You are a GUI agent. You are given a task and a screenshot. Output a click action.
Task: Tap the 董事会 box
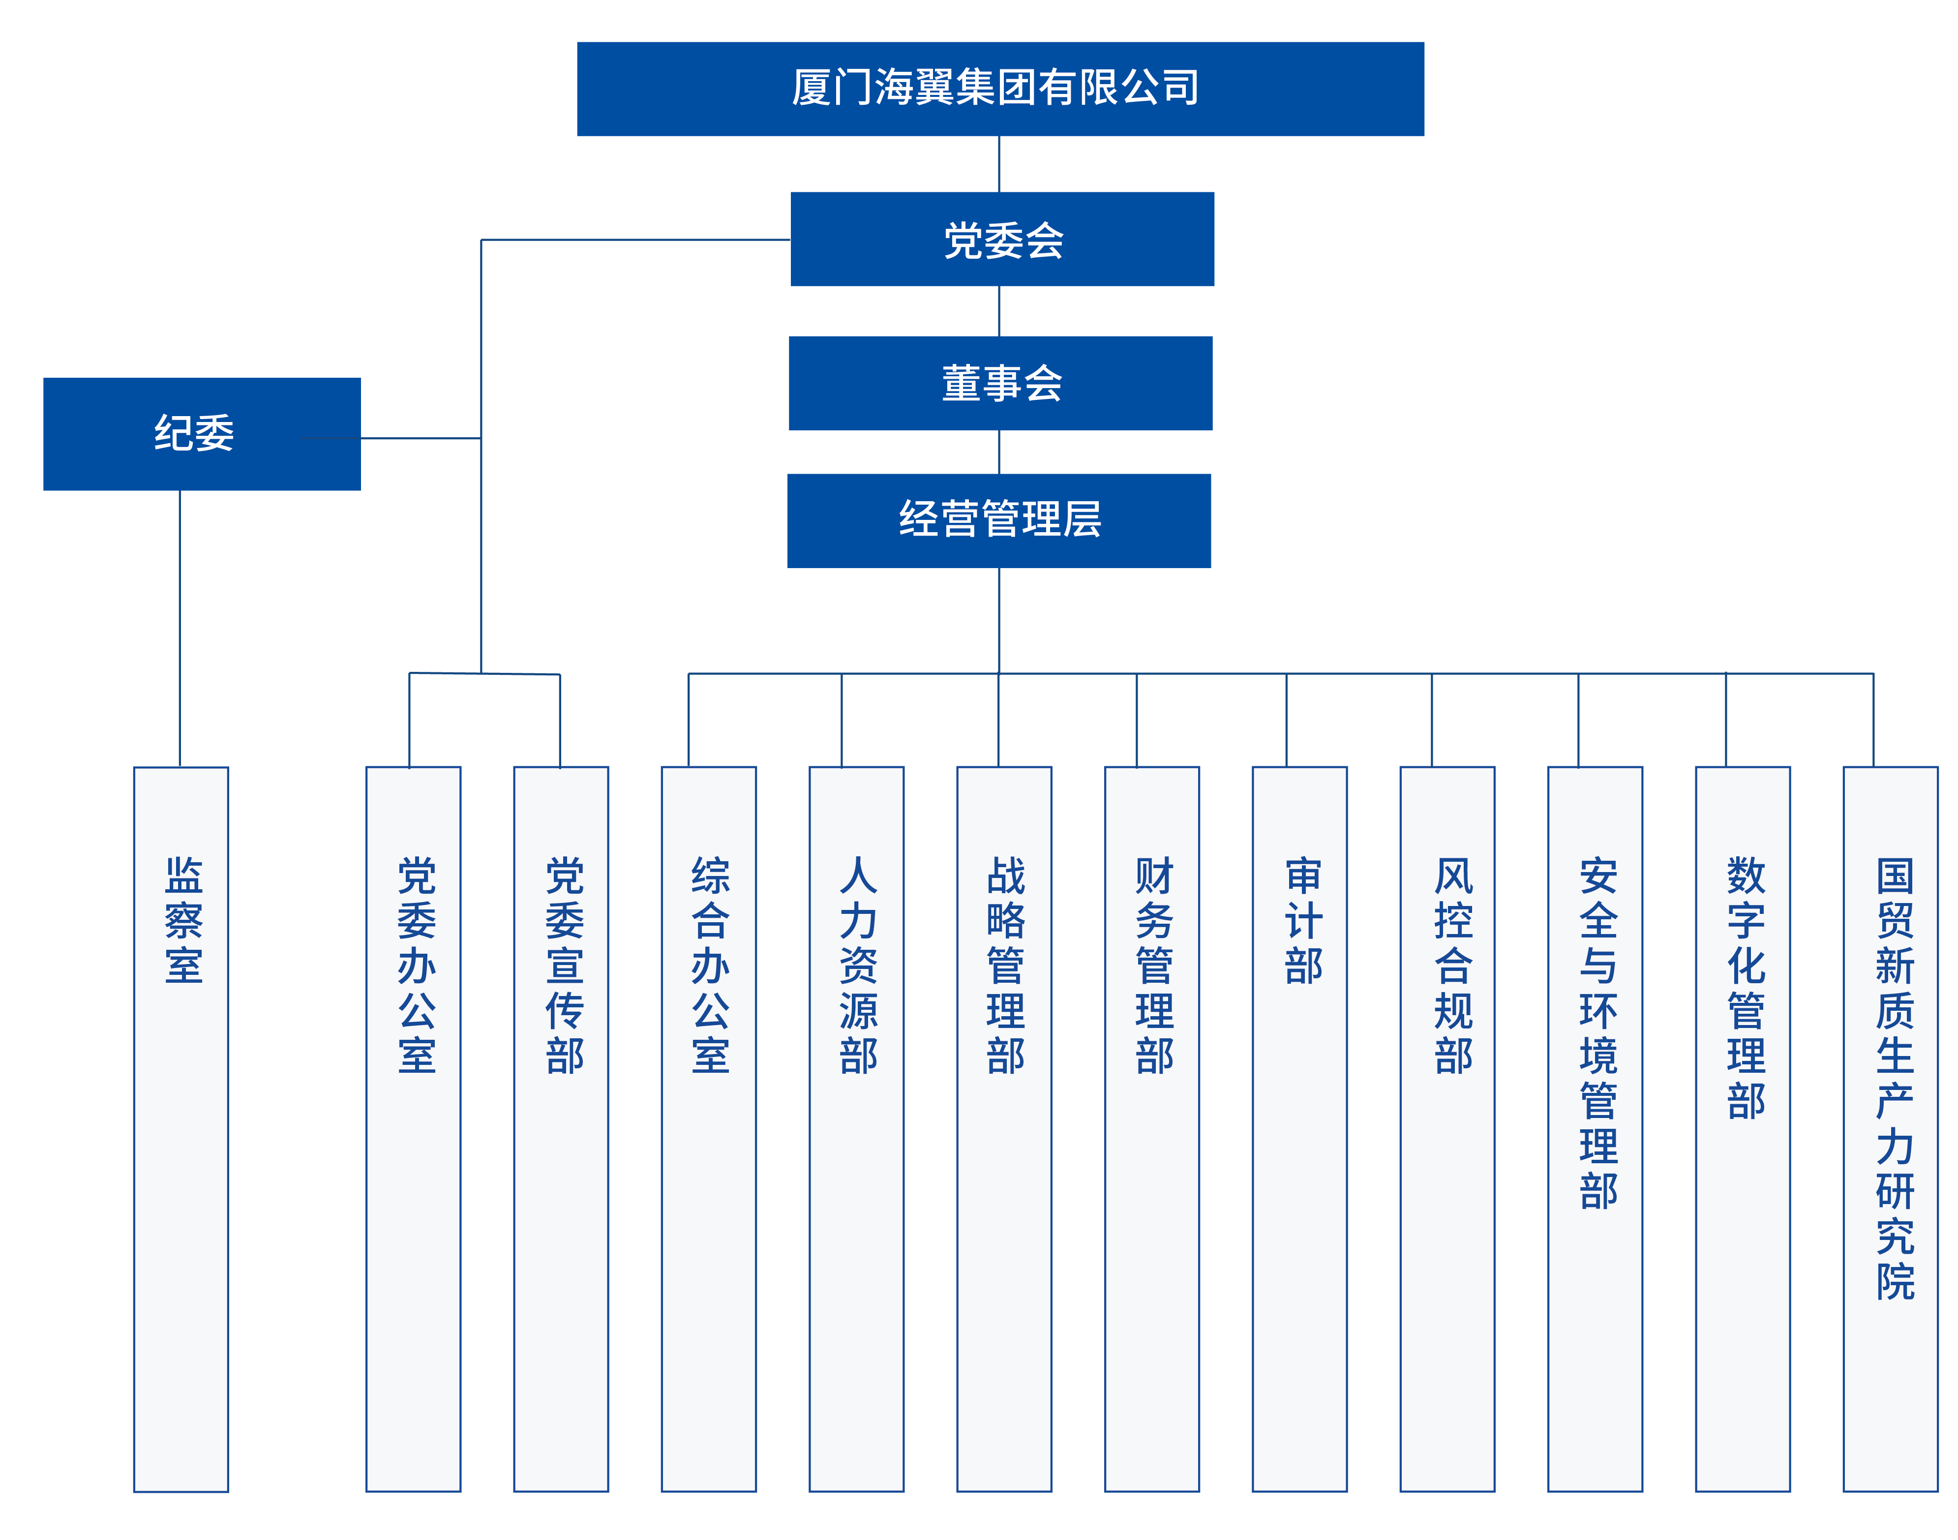pos(1000,383)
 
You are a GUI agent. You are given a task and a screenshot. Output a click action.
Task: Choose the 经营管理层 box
pos(999,520)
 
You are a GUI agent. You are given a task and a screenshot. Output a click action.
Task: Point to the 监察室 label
pos(183,920)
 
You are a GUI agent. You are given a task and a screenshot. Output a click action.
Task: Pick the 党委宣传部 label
pos(564,965)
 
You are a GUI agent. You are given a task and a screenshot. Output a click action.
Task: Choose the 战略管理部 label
pos(1005,965)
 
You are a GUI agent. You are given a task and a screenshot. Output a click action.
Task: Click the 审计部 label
pos(1303,920)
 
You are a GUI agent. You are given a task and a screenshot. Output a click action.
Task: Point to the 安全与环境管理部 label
pos(1598,1032)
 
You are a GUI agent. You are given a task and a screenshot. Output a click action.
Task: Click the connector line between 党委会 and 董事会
pos(999,311)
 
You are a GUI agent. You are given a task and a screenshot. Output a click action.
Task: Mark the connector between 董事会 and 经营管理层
pos(999,452)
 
